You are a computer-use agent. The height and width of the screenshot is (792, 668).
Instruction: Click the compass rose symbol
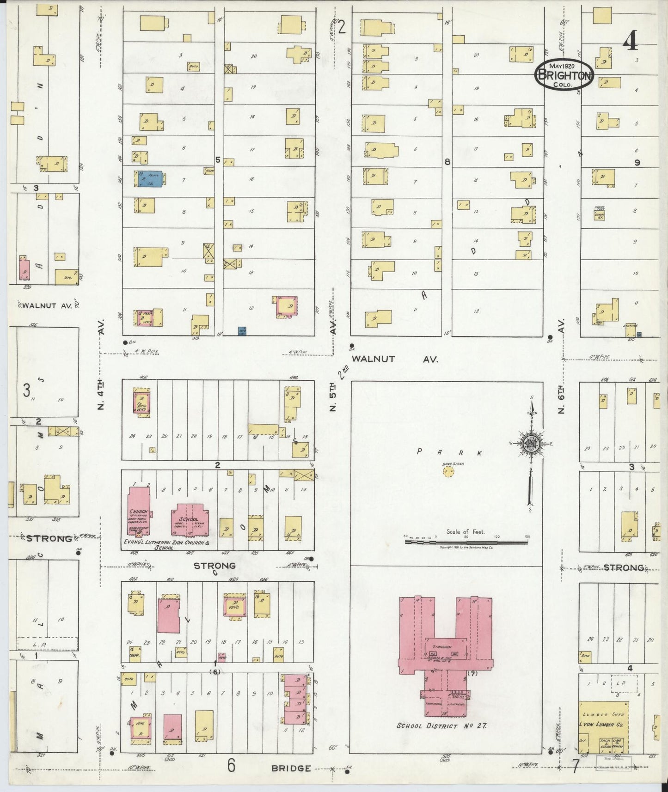point(531,444)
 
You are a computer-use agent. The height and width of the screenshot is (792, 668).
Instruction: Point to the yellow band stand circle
point(448,471)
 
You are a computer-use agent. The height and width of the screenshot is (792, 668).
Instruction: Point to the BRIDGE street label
point(291,768)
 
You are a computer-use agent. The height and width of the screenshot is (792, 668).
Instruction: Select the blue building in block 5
point(150,179)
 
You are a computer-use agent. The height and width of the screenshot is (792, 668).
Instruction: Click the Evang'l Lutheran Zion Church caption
point(166,545)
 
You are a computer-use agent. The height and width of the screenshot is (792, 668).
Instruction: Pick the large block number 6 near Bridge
point(231,766)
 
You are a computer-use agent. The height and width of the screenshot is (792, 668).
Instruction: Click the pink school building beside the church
point(190,522)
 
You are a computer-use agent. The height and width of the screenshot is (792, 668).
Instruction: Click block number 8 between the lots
point(447,161)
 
